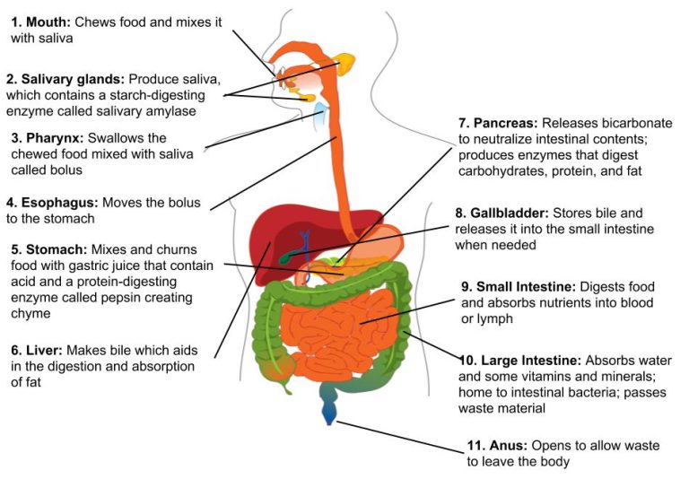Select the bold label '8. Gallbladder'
[503, 214]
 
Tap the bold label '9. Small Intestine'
[519, 287]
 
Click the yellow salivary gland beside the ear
[345, 63]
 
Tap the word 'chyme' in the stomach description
[31, 314]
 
